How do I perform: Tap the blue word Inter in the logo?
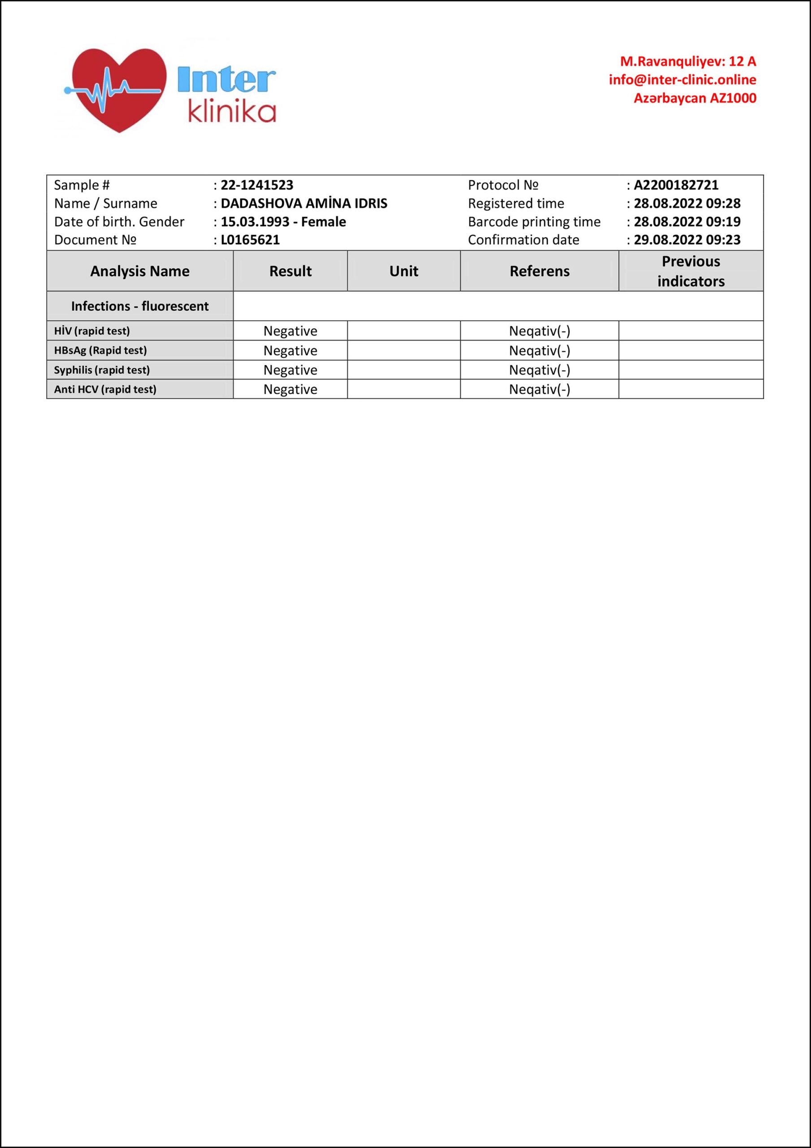coord(226,80)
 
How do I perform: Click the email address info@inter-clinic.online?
coord(682,79)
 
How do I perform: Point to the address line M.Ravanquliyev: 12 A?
coord(688,61)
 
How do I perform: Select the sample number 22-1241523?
coord(257,185)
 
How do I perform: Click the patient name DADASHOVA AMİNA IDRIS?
coord(304,204)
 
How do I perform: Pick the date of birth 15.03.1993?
coord(255,222)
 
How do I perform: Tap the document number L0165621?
coord(251,240)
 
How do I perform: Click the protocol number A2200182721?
coord(676,185)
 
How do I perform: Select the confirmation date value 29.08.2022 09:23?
coord(687,240)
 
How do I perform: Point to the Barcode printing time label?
coord(534,222)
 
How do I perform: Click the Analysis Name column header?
coord(140,271)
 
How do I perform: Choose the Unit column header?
coord(403,271)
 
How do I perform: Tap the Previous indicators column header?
coord(690,271)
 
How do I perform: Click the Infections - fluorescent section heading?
coord(140,306)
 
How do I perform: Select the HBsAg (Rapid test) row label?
coord(100,351)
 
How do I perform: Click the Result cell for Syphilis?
coord(291,370)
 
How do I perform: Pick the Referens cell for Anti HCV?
coord(539,390)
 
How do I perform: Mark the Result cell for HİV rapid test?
coord(291,331)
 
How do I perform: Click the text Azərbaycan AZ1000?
coord(695,98)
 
